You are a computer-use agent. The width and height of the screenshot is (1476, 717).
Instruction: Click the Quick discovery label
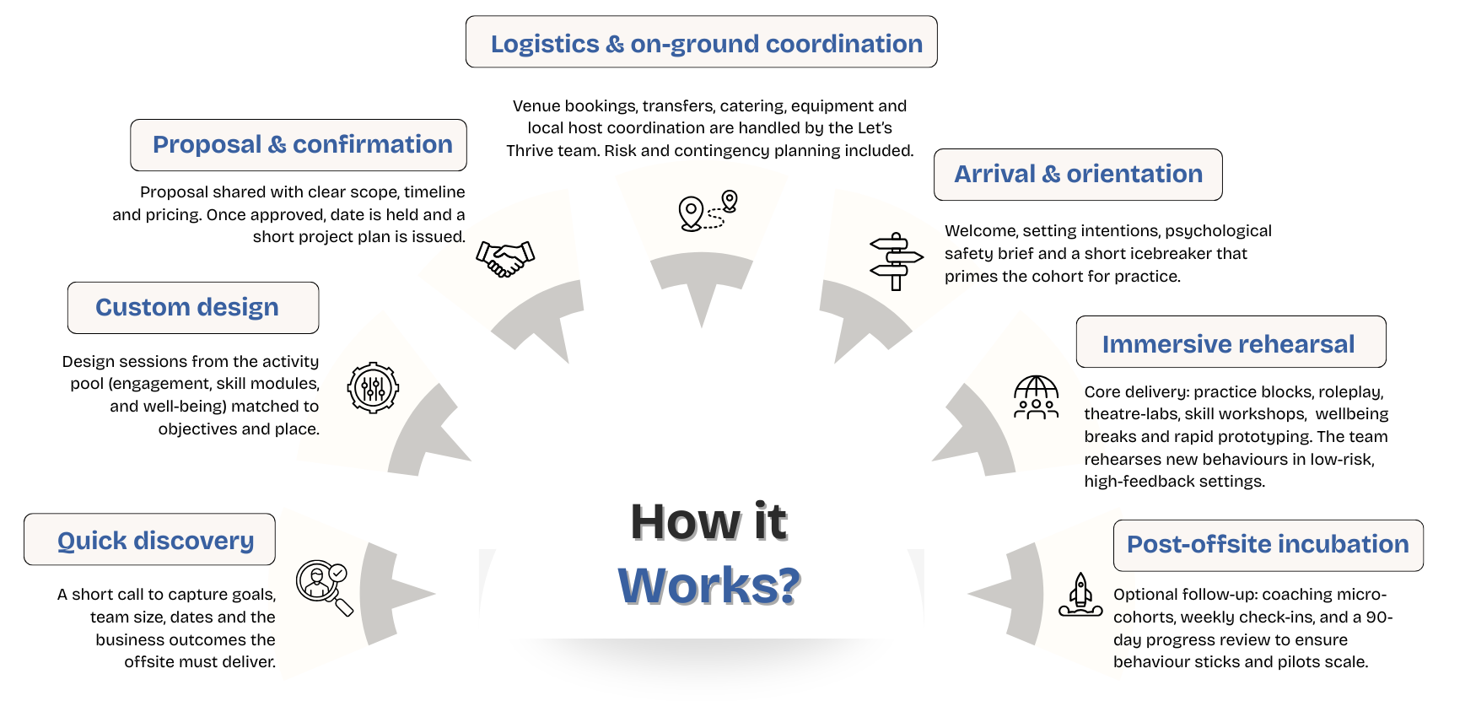pyautogui.click(x=155, y=541)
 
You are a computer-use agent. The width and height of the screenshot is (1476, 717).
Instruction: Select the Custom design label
pyautogui.click(x=187, y=307)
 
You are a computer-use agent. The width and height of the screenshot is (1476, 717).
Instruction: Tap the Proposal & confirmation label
pyautogui.click(x=302, y=144)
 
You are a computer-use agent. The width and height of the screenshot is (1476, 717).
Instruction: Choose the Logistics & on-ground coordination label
pyautogui.click(x=706, y=44)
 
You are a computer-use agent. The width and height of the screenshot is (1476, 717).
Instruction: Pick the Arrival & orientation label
pyautogui.click(x=1078, y=174)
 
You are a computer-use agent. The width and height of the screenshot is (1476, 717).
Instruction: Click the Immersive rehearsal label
pyautogui.click(x=1228, y=344)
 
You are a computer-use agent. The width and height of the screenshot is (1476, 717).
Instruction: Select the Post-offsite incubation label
pyautogui.click(x=1268, y=544)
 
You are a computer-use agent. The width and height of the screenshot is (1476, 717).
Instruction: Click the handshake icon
pyautogui.click(x=505, y=257)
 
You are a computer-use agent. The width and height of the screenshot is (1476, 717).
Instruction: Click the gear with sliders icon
pyautogui.click(x=373, y=388)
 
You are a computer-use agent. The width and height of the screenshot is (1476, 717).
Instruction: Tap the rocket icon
pyautogui.click(x=1080, y=595)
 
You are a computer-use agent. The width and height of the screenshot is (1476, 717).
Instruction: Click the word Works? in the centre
pyautogui.click(x=708, y=585)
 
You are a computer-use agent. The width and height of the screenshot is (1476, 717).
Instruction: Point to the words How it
pyautogui.click(x=708, y=521)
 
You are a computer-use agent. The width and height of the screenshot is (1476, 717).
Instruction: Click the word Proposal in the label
pyautogui.click(x=207, y=144)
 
